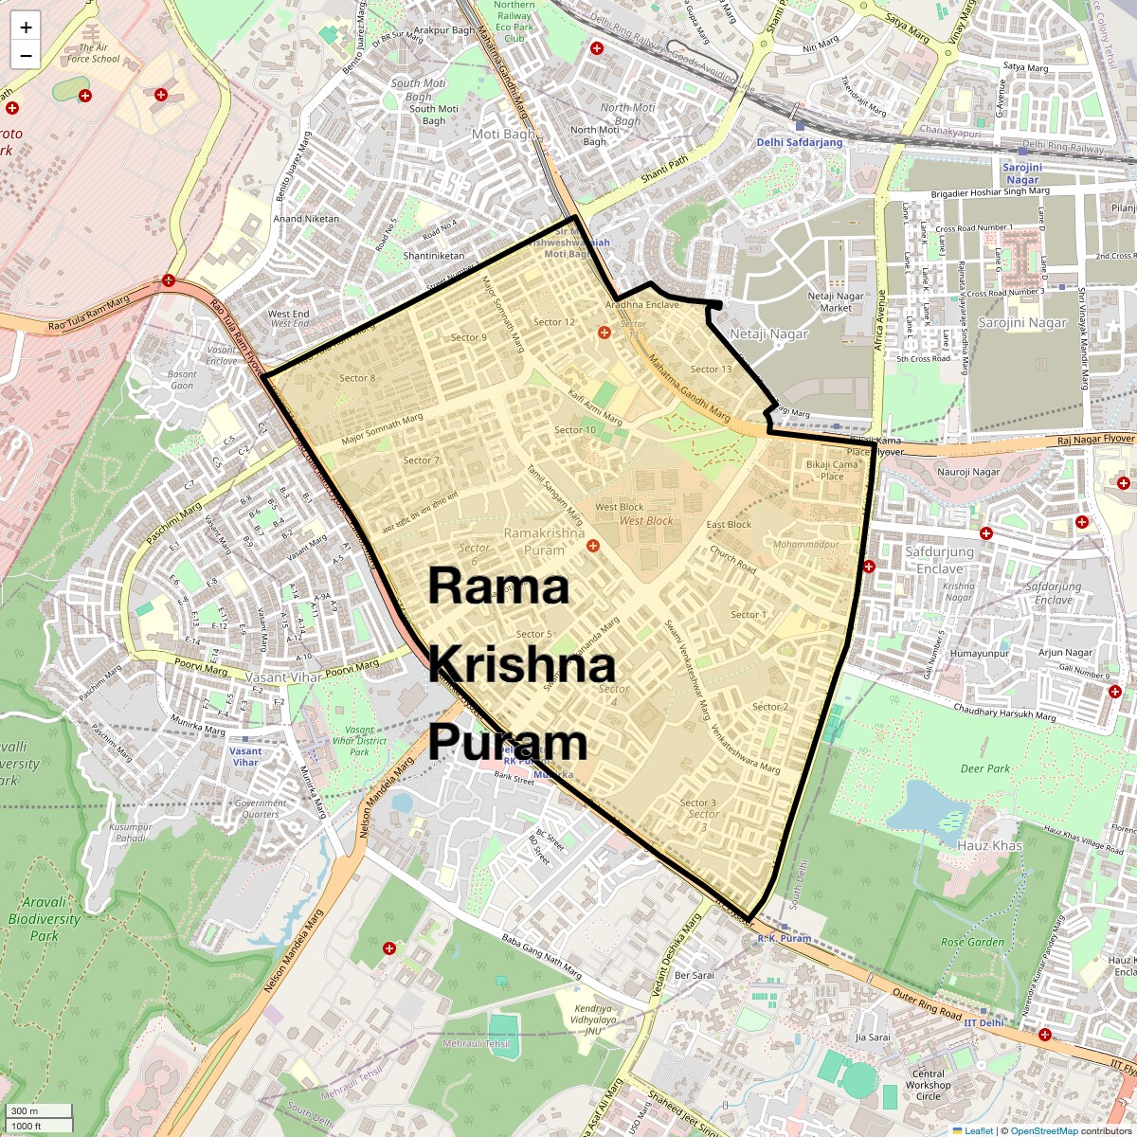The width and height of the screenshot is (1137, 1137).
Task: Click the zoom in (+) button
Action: click(x=26, y=27)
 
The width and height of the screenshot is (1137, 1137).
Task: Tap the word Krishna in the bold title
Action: click(x=521, y=665)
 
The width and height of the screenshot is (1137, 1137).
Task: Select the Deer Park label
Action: click(x=984, y=768)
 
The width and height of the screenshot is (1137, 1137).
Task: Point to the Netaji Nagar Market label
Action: click(x=836, y=301)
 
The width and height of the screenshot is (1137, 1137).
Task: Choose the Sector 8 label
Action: click(x=357, y=378)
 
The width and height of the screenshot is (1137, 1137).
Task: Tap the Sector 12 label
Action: click(x=554, y=322)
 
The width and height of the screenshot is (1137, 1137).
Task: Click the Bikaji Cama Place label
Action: click(x=831, y=470)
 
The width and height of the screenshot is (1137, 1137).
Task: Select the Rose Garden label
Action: click(x=972, y=942)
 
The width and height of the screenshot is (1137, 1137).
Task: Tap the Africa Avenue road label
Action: click(x=881, y=320)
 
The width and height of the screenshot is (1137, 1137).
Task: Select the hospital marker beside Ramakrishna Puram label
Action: click(x=593, y=545)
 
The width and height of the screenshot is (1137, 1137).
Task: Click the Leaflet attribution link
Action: click(x=979, y=1130)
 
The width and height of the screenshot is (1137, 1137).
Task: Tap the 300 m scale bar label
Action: click(x=26, y=1110)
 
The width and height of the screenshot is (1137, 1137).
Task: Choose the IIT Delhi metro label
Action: click(x=983, y=1023)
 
